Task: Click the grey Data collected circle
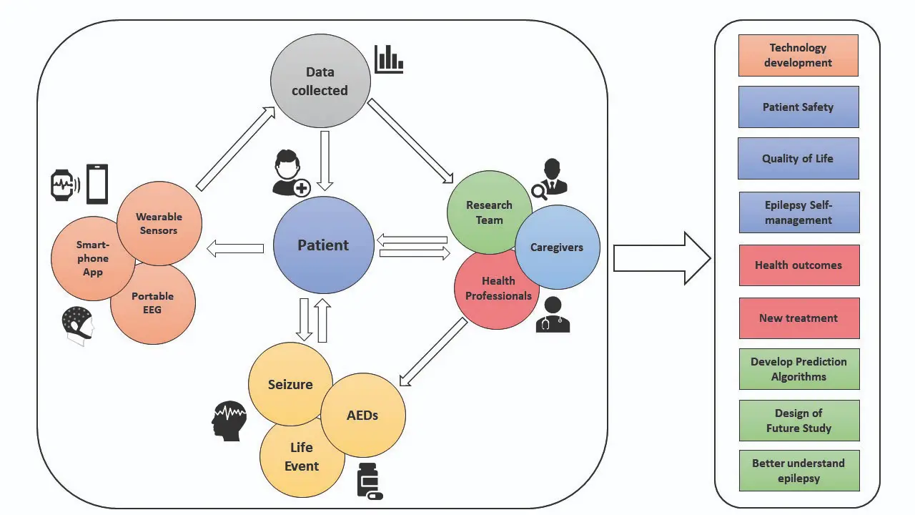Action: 320,81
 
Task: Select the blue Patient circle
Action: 323,245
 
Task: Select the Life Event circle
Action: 300,458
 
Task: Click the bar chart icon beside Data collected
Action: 389,59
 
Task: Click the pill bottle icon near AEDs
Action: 369,481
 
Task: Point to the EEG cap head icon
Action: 78,325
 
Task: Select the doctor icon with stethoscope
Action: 553,315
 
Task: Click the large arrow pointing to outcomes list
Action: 661,258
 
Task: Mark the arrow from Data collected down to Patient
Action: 325,160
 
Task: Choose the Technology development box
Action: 798,55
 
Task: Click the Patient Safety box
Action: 798,107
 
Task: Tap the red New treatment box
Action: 798,318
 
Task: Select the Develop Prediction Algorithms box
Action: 798,369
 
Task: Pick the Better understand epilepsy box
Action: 798,471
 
